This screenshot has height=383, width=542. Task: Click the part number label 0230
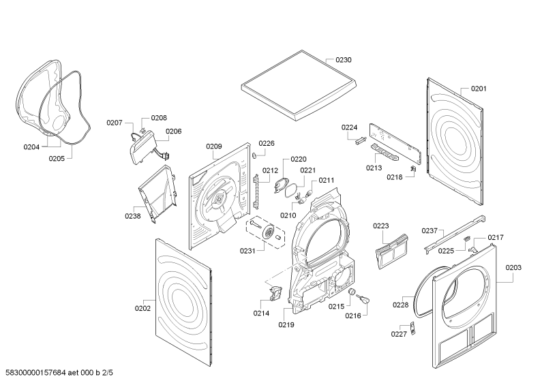tap(344, 60)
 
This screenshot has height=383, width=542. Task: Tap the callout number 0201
tap(479, 89)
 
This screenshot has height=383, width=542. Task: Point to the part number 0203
tap(513, 268)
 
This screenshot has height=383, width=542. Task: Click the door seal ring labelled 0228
tap(426, 293)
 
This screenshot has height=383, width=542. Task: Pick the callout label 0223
tap(380, 226)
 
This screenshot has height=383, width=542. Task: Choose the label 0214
tap(260, 313)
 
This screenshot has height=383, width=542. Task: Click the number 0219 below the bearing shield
tap(286, 324)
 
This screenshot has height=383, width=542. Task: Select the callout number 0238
tap(132, 217)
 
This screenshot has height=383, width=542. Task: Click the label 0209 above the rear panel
tap(214, 146)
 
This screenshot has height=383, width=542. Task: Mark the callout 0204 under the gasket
tap(31, 147)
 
